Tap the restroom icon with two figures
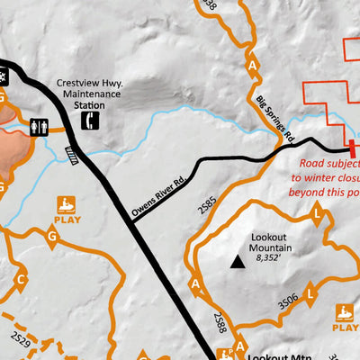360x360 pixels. point(37,128)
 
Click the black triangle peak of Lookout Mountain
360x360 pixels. point(237,261)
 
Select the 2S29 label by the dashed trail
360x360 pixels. point(28,341)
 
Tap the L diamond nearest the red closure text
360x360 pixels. point(318,213)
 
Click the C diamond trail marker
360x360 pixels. point(19,278)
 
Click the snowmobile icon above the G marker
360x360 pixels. point(67,204)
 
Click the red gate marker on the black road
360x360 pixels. point(350,149)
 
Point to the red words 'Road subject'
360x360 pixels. point(328,165)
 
